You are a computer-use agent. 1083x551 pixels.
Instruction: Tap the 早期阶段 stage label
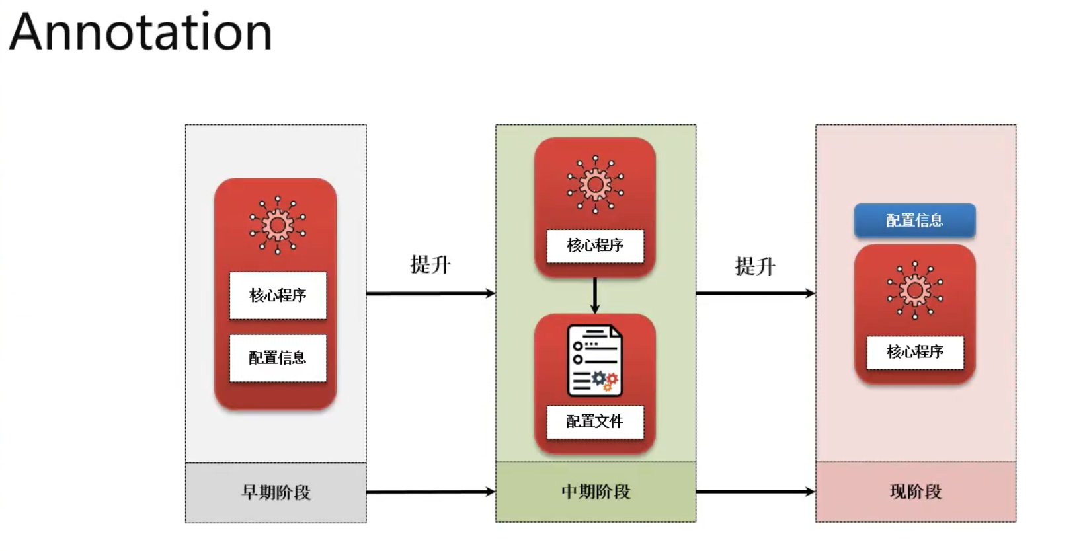point(276,492)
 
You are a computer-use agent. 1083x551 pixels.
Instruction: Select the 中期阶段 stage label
point(596,492)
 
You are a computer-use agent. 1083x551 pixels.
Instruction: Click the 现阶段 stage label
point(916,492)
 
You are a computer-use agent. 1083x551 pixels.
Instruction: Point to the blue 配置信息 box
point(914,221)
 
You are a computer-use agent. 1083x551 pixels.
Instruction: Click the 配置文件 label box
point(595,422)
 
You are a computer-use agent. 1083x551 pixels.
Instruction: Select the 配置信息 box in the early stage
point(278,358)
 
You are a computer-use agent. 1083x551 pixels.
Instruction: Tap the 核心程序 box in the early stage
point(278,295)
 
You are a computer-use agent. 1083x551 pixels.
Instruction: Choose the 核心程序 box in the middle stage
point(595,246)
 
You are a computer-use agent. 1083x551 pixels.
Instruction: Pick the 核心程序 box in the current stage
point(915,352)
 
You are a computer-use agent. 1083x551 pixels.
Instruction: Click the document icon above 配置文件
point(594,361)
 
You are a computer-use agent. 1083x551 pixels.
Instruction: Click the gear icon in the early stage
point(278,225)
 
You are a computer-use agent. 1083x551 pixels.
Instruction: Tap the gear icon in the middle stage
point(595,185)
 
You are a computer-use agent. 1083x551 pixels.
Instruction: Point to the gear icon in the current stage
point(915,290)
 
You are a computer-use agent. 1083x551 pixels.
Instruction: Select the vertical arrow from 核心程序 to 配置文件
point(595,295)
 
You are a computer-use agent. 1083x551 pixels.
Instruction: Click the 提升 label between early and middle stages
point(430,265)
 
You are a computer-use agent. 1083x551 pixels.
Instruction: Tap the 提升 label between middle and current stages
point(755,267)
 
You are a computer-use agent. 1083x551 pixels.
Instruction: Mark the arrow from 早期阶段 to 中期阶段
point(430,492)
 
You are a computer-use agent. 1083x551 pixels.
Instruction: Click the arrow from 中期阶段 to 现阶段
point(755,492)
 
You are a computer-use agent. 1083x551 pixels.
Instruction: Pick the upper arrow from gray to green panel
point(430,293)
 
